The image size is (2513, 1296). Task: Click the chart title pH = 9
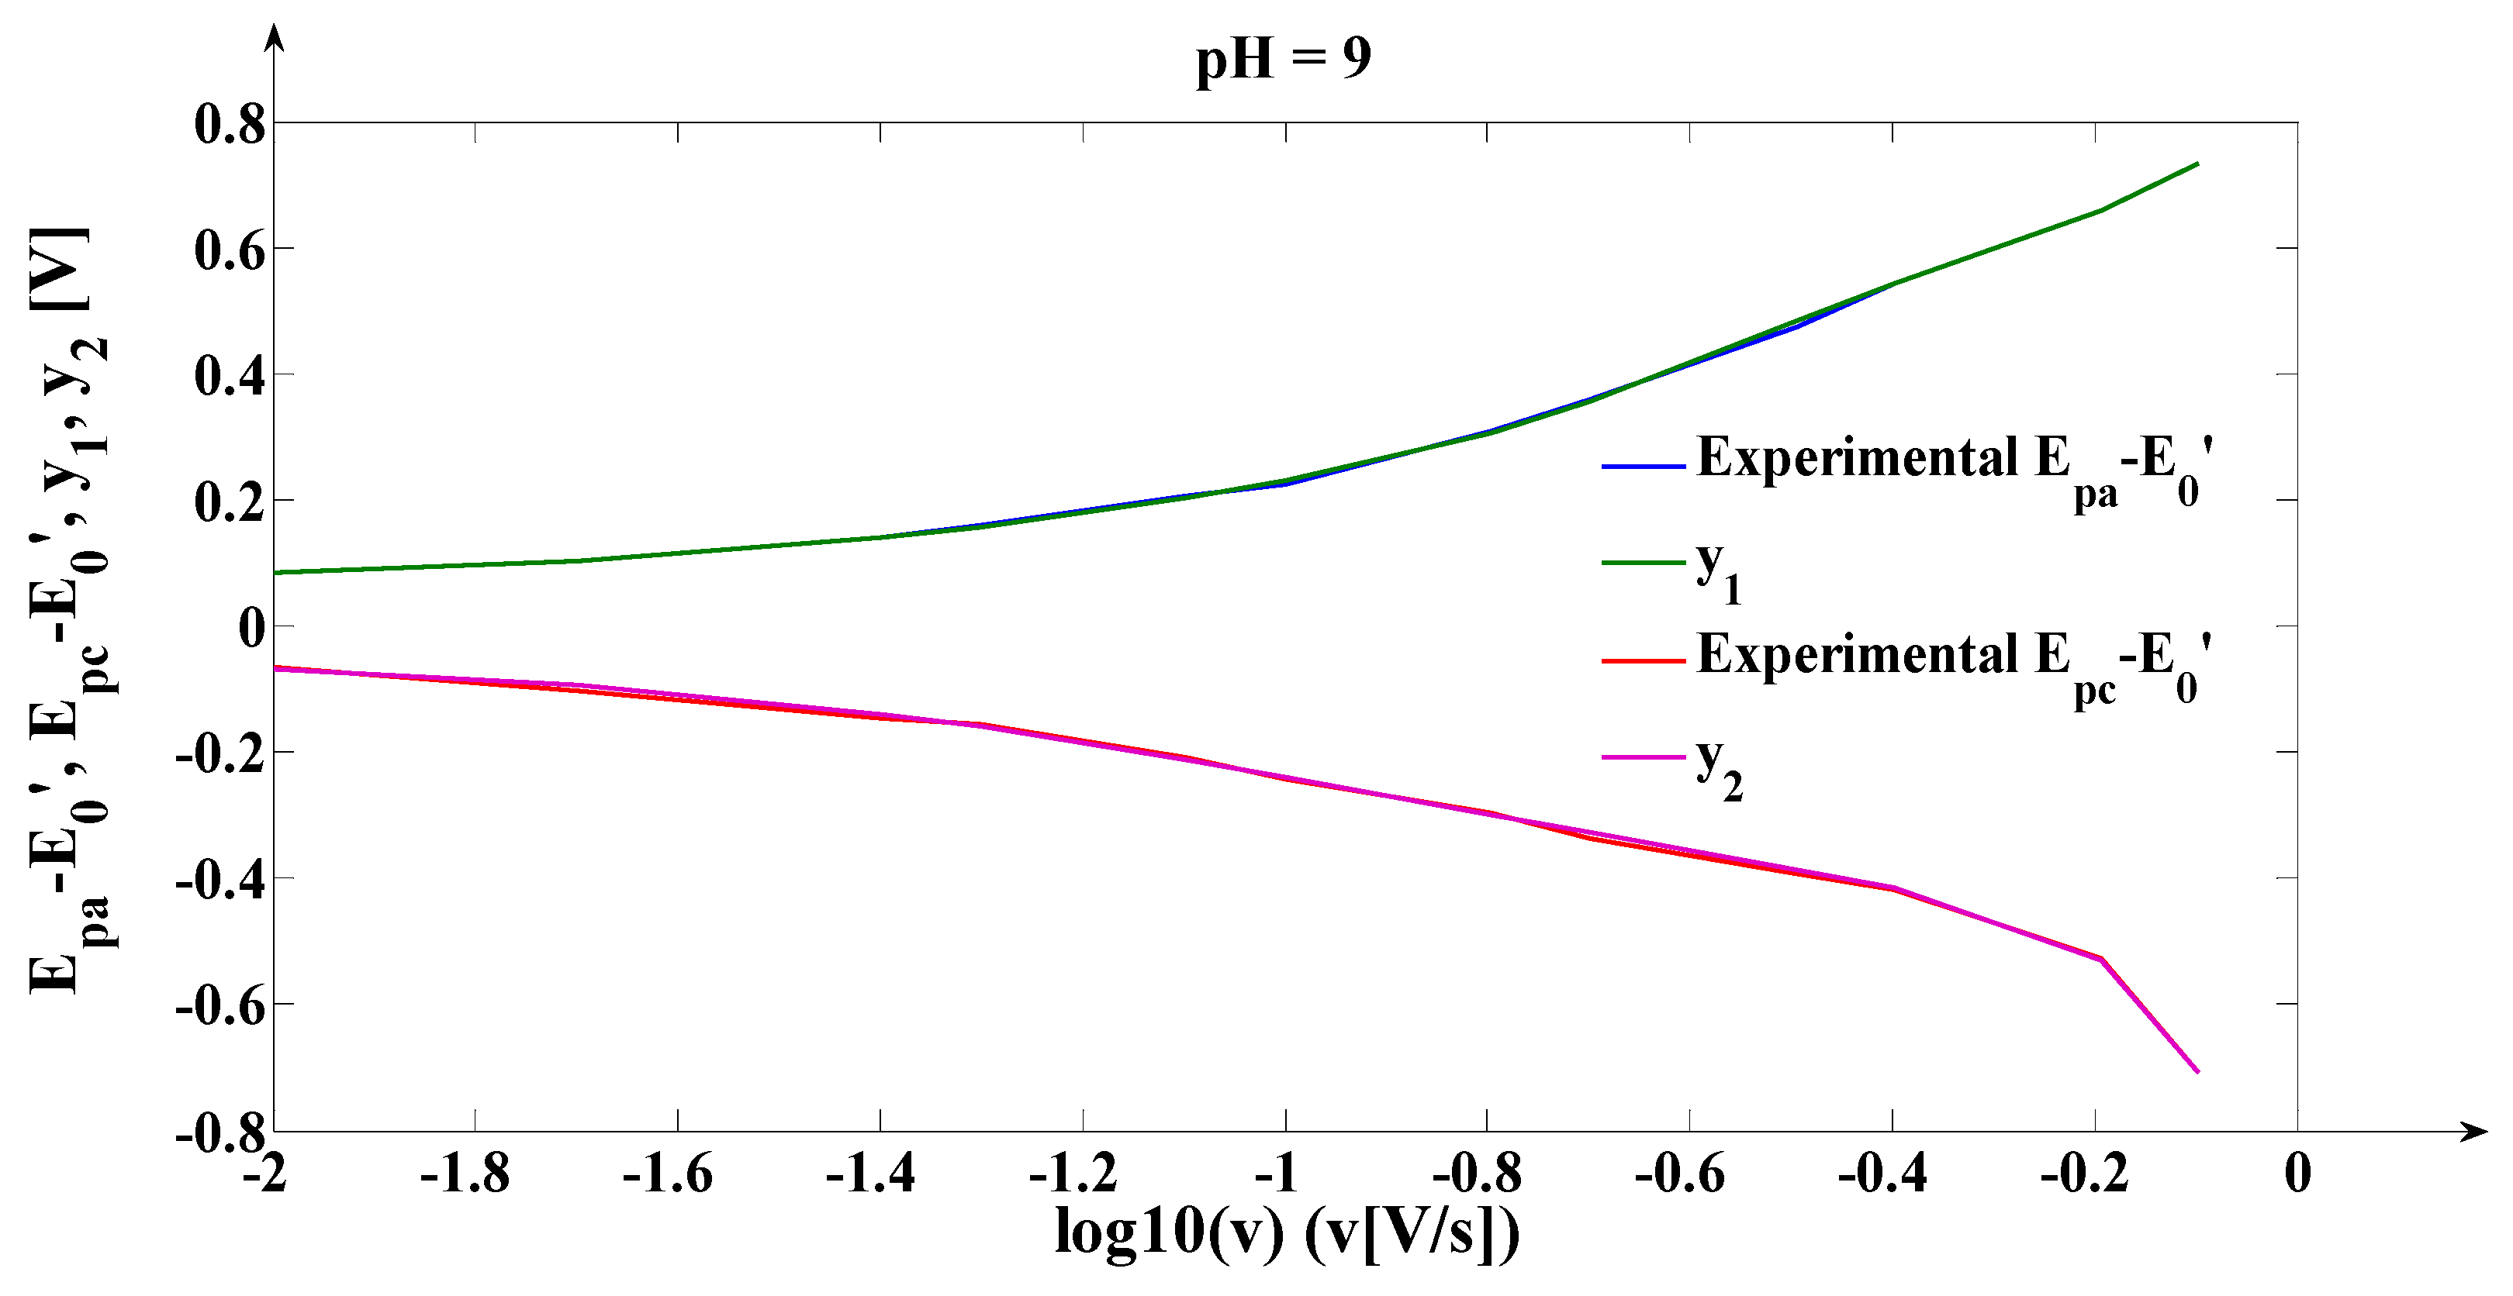point(1283,58)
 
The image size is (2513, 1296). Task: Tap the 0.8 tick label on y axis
point(230,125)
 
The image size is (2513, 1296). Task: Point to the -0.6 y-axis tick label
point(219,1005)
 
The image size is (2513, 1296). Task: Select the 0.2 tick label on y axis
point(230,502)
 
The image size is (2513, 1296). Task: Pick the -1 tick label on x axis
point(1276,1173)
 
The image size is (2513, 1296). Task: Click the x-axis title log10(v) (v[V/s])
point(1287,1232)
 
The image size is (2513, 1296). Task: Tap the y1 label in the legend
point(1718,570)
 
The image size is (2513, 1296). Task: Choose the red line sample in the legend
point(1643,661)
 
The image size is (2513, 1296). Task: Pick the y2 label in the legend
point(1718,766)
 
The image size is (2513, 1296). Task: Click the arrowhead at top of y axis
point(275,37)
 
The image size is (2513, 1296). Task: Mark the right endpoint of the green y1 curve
point(2198,164)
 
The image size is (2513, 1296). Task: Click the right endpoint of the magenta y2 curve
point(2198,1072)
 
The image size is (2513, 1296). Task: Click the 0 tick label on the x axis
point(2297,1173)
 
